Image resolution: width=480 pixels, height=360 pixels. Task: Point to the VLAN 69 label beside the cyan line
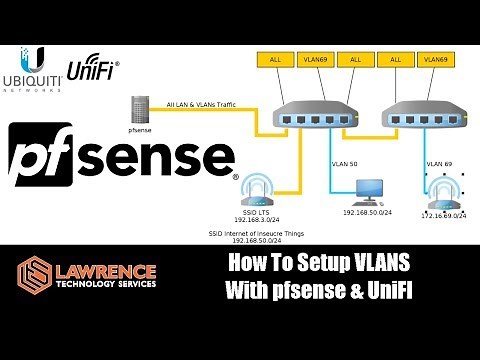[x=440, y=162]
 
